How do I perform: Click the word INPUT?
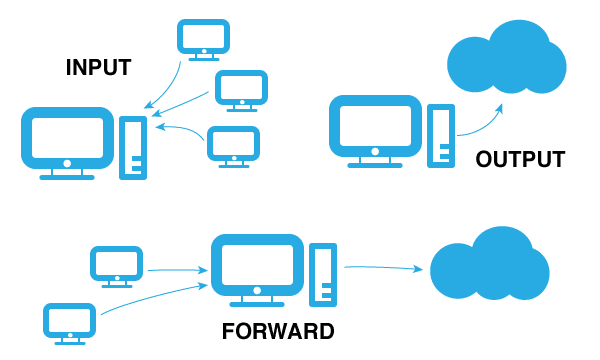pos(99,68)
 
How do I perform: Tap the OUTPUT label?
pos(520,160)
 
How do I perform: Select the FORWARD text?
pos(278,331)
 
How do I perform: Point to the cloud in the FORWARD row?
pos(489,264)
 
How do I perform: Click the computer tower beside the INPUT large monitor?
pos(133,148)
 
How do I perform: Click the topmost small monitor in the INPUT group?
pos(203,38)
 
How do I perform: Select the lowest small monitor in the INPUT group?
pos(233,144)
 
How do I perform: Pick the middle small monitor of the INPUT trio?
pos(241,89)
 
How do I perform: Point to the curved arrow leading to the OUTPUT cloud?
pos(481,120)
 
